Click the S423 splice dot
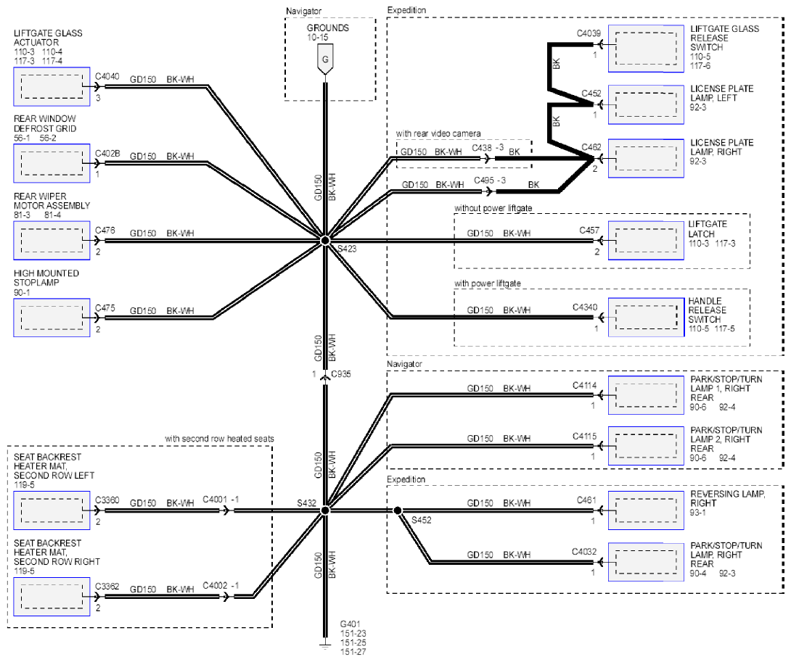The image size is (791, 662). (x=325, y=241)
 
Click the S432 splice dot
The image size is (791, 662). (x=325, y=510)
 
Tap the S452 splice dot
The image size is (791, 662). (x=398, y=510)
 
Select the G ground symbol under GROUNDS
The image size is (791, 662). (x=325, y=59)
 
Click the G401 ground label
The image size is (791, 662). (x=350, y=624)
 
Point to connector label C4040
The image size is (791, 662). (x=107, y=76)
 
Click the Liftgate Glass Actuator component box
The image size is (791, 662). (x=52, y=86)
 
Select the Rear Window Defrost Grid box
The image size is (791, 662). (x=52, y=163)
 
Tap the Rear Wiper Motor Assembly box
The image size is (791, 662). (x=52, y=241)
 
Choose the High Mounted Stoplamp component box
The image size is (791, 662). (x=52, y=317)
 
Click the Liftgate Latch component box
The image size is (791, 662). (x=646, y=241)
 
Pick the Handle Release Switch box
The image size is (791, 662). (x=646, y=317)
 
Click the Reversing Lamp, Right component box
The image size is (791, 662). (x=646, y=510)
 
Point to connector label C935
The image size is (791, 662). (x=341, y=374)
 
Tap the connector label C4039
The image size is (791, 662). (x=589, y=33)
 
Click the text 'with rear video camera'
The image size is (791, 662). (x=438, y=133)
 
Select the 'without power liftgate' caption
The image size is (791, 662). (x=493, y=208)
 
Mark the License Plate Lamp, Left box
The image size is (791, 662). (x=646, y=104)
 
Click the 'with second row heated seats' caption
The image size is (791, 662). (x=219, y=439)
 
